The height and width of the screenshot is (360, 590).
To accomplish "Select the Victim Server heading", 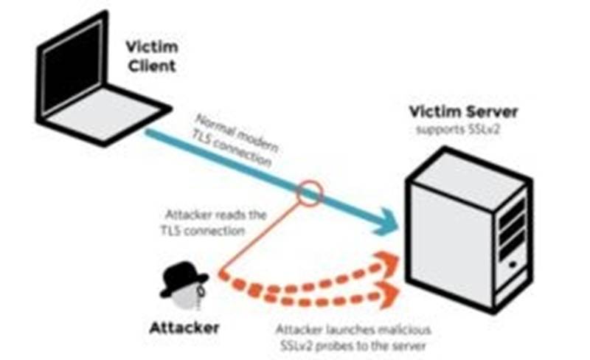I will (x=464, y=113).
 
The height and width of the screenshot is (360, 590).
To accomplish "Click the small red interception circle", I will (x=310, y=194).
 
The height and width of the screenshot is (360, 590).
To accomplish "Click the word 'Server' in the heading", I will (x=492, y=113).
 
